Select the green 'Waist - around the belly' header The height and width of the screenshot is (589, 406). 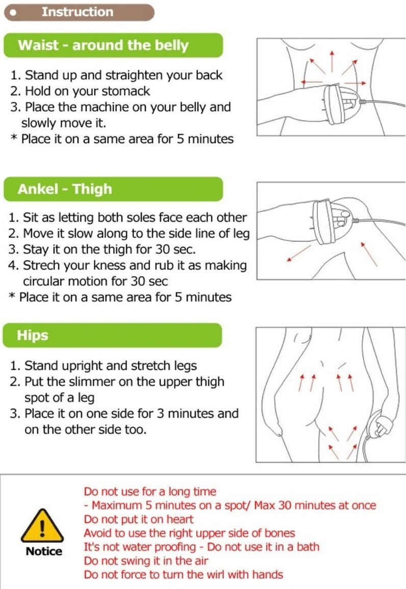point(113,45)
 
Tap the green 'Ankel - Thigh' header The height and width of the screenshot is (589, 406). point(113,189)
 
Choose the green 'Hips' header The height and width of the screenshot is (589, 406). point(113,335)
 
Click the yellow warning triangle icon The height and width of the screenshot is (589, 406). point(42,527)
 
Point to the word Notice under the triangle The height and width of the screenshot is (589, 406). point(44,551)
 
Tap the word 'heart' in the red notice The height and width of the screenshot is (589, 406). point(180,520)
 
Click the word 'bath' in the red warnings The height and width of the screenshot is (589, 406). point(308,547)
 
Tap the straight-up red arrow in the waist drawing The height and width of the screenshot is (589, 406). point(332,61)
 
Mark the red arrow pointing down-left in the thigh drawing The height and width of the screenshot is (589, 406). point(299,253)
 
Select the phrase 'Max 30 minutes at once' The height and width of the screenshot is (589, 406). point(315,506)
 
